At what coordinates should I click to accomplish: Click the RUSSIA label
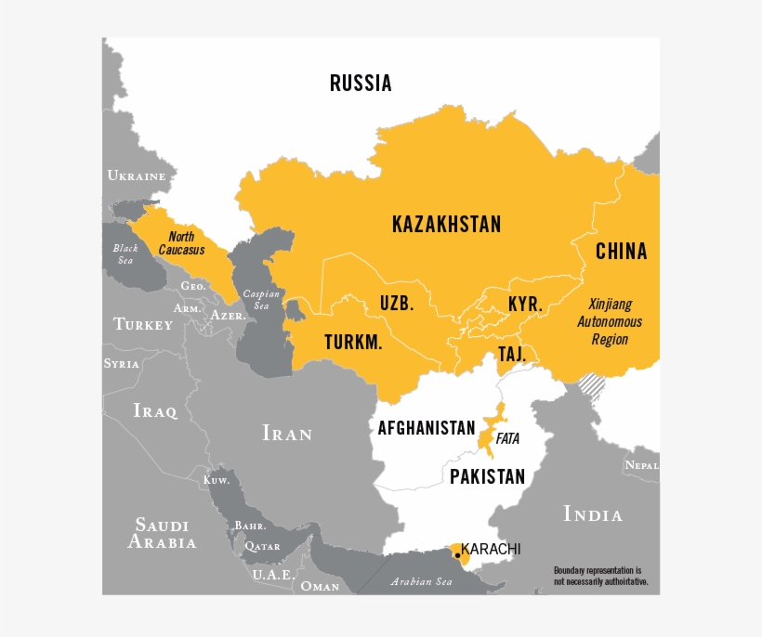(361, 84)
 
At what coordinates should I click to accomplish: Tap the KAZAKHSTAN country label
(446, 224)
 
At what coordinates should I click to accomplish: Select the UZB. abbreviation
(396, 304)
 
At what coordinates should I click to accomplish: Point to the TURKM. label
(353, 343)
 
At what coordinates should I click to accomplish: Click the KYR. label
(525, 305)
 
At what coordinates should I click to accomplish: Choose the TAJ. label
(512, 355)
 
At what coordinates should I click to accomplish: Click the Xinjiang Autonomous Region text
(610, 322)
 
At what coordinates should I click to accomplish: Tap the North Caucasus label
(181, 243)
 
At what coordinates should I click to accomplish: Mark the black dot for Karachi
(457, 554)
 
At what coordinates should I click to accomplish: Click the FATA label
(507, 438)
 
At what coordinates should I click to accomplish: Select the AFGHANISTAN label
(427, 428)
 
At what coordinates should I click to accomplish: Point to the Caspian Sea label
(261, 300)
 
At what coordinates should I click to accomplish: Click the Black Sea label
(125, 253)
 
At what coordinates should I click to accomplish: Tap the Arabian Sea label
(421, 581)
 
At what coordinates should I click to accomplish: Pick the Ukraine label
(136, 175)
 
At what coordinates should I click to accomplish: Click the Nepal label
(641, 464)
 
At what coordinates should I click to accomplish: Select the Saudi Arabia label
(163, 534)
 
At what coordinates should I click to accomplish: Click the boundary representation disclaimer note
(600, 576)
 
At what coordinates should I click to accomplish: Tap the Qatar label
(262, 548)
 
